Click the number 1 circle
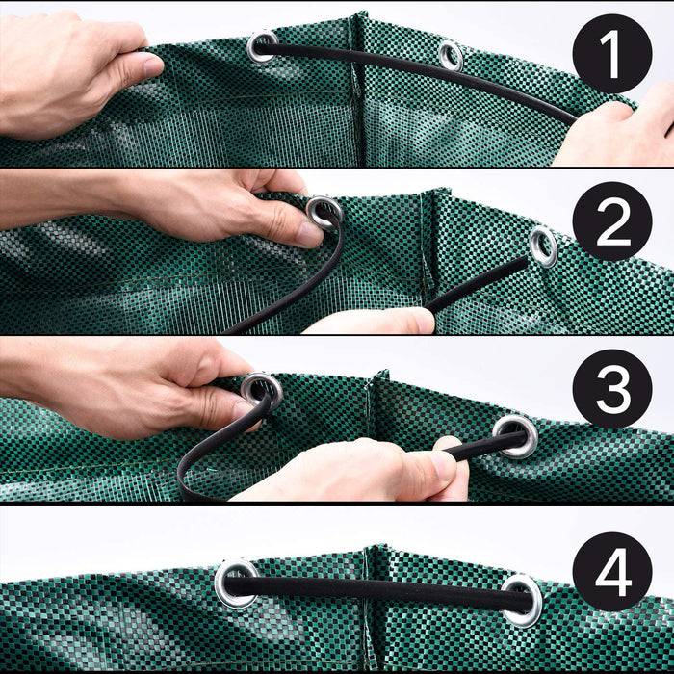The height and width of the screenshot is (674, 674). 612,54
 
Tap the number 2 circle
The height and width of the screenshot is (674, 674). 612,221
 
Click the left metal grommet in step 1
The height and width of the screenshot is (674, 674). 261,45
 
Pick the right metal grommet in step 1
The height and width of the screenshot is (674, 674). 450,55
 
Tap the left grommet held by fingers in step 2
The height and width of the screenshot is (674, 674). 324,211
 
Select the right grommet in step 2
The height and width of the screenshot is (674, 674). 543,246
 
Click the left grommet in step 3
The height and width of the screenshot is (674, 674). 261,389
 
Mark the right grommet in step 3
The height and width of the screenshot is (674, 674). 516,435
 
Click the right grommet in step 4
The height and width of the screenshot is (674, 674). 522,599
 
